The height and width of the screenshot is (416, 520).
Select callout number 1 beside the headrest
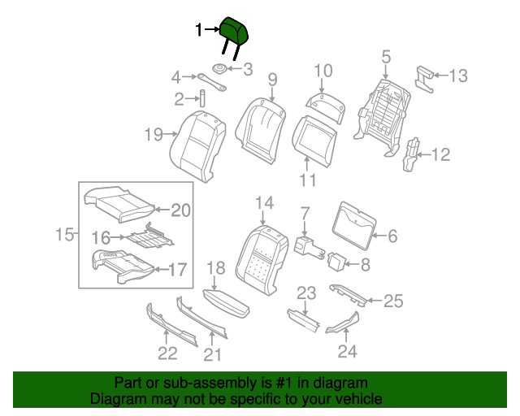(x=199, y=30)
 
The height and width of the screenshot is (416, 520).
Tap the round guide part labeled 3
(x=220, y=68)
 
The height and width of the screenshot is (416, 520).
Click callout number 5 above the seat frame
(x=386, y=57)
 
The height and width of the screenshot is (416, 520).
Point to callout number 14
(x=265, y=203)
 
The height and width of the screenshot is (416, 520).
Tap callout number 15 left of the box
(x=64, y=236)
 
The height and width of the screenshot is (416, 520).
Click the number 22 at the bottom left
(x=167, y=353)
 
